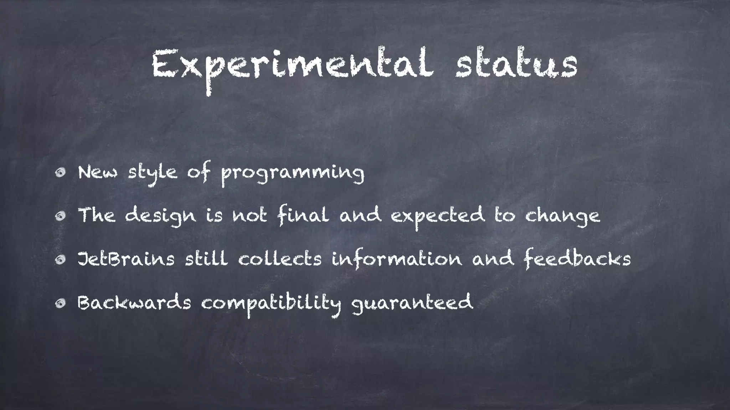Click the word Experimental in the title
click(292, 66)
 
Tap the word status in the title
click(516, 66)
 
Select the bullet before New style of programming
click(60, 173)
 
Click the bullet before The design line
click(60, 216)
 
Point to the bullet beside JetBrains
click(60, 260)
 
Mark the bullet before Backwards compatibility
click(60, 303)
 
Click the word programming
click(292, 174)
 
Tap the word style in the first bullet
click(153, 173)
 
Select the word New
click(97, 173)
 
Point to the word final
click(303, 216)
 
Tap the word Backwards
click(134, 303)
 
